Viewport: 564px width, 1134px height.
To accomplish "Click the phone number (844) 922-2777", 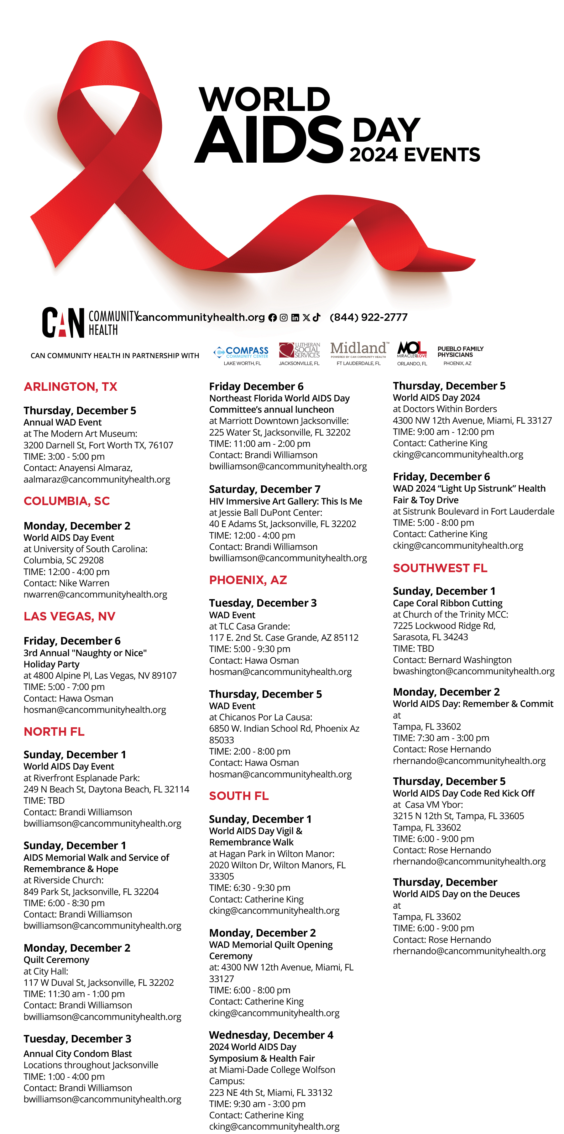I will (368, 317).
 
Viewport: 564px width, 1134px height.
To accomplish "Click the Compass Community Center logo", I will (241, 353).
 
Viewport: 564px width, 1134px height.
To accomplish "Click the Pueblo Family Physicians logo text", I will (460, 352).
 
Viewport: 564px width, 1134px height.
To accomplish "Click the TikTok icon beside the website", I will (316, 317).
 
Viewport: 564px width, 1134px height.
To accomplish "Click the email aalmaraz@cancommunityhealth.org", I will (97, 479).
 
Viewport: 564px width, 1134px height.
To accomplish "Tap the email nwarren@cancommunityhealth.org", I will (95, 594).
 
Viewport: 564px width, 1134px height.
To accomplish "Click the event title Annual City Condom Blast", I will (77, 1053).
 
